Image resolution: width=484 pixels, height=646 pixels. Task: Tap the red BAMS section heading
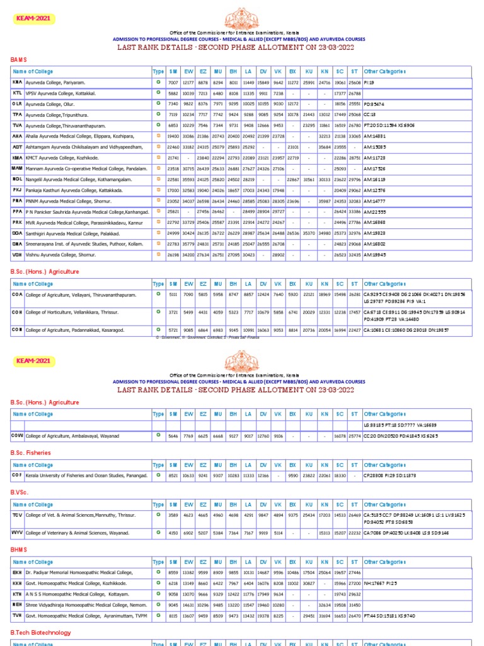pos(20,59)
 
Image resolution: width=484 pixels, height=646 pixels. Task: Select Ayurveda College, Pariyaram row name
pos(55,83)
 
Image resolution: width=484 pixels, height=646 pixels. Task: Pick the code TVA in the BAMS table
pos(17,125)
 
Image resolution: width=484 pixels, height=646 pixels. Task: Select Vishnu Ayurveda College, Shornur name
pos(61,254)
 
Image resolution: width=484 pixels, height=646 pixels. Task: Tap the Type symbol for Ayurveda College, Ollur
pos(158,103)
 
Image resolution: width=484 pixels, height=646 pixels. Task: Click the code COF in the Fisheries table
pos(17,475)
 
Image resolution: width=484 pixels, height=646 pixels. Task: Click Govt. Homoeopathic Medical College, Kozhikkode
pos(75,583)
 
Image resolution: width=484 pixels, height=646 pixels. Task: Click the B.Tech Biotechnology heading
pos(41,632)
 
